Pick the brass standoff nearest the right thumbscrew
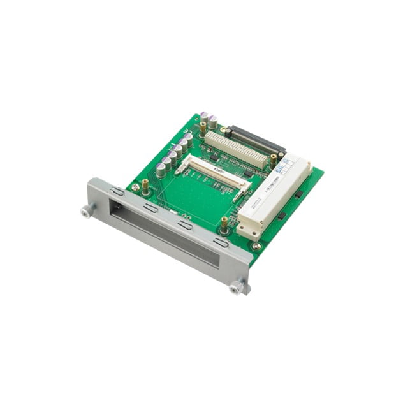point(224,224)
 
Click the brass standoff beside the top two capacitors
point(203,126)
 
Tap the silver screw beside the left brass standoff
point(135,187)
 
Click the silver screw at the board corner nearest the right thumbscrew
point(256,246)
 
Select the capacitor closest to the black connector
point(212,121)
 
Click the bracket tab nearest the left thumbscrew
point(118,191)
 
